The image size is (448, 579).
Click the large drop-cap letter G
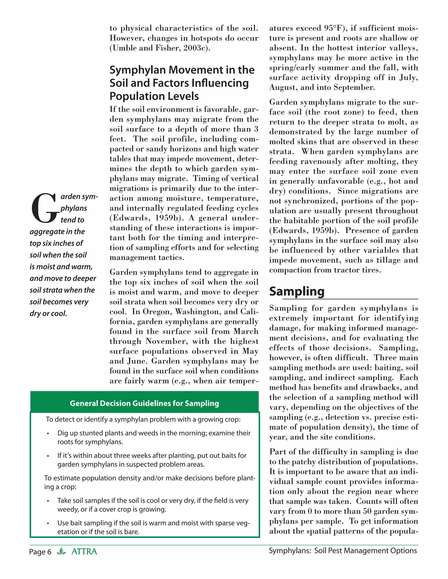(44, 208)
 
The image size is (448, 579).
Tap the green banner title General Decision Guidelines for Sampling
(144, 403)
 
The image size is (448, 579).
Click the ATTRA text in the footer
(84, 552)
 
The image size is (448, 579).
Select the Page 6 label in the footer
(40, 552)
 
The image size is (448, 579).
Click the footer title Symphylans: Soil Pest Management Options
(343, 551)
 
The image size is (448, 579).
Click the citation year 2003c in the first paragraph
(195, 48)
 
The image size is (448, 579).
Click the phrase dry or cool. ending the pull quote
(48, 314)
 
